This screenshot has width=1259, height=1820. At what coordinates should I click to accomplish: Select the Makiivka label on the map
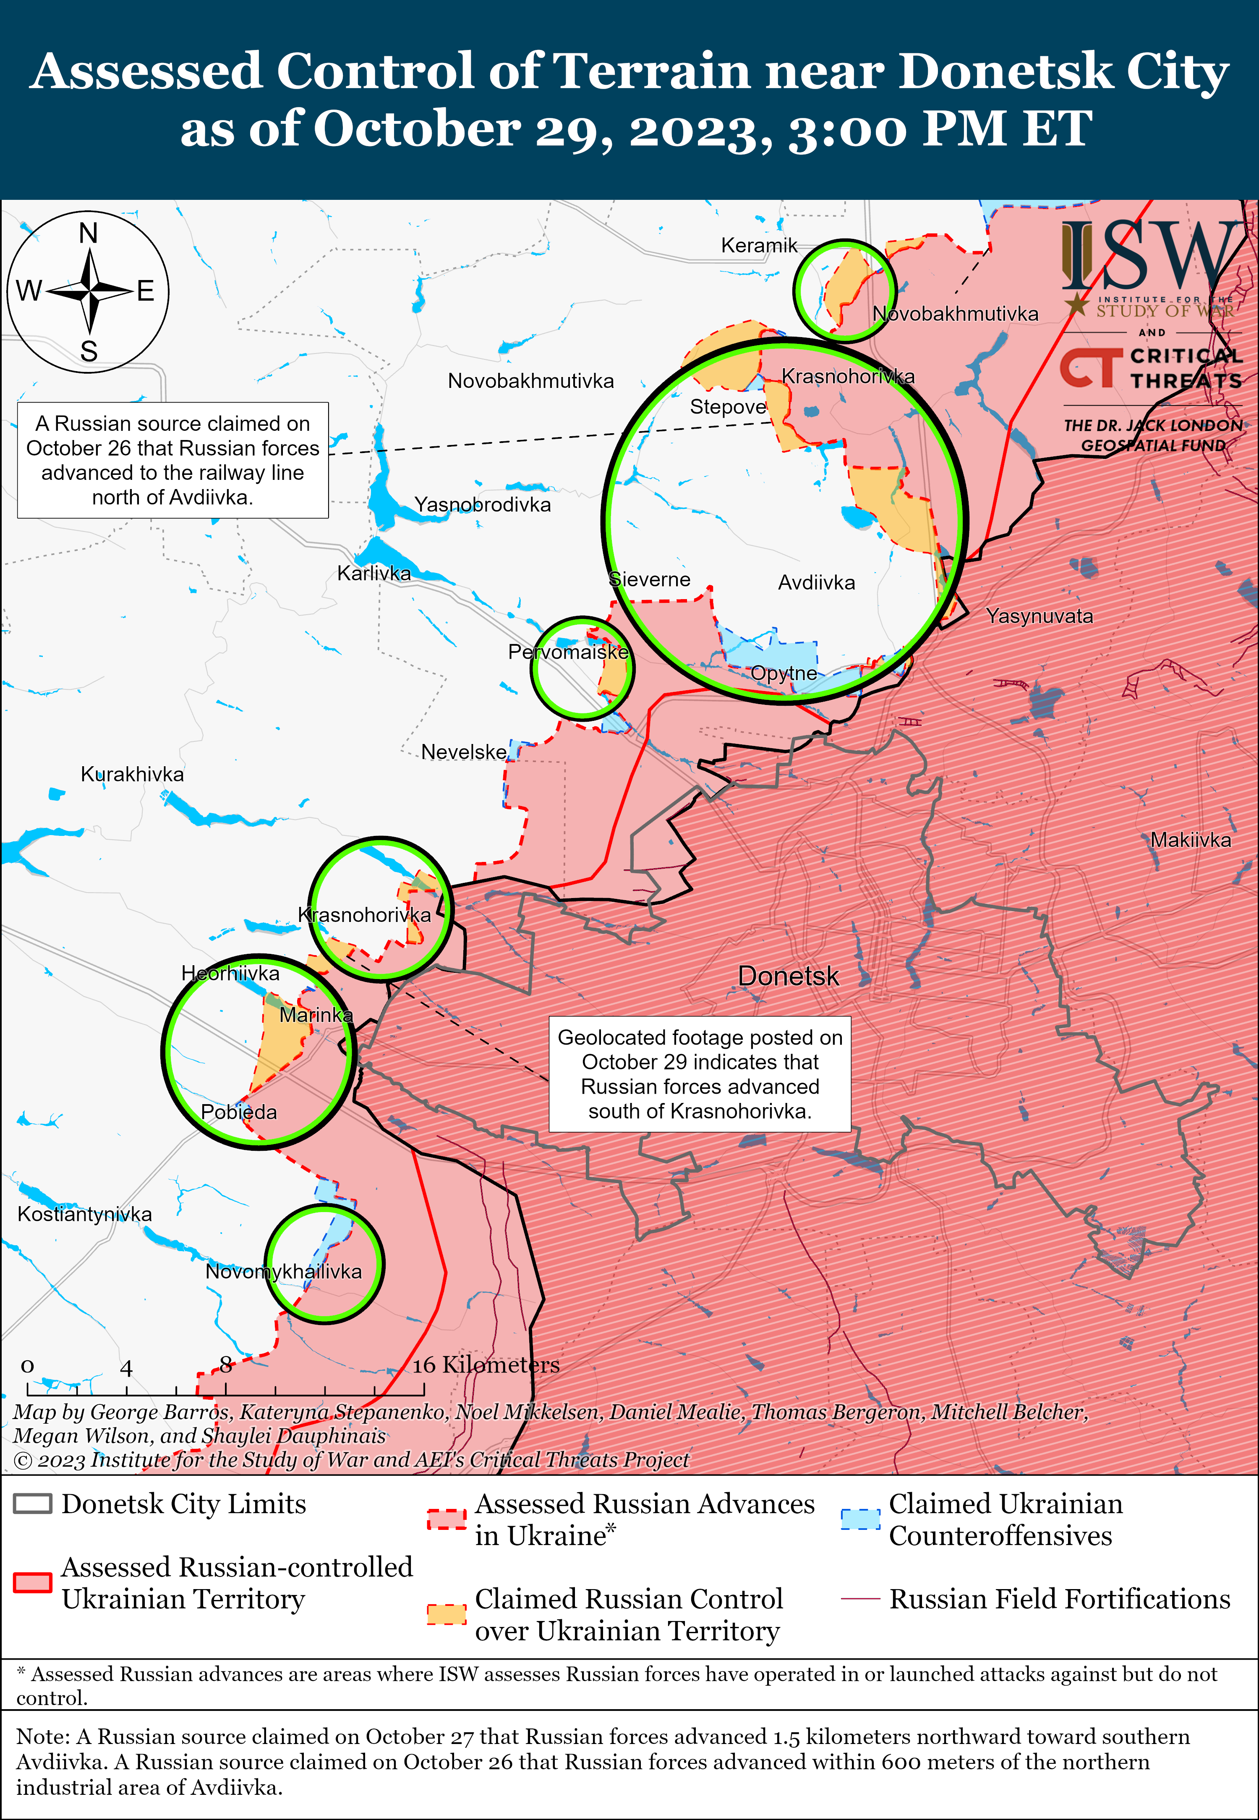1190,840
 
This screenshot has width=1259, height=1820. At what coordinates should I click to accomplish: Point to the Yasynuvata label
1039,616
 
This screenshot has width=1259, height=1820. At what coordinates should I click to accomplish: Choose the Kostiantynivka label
84,1214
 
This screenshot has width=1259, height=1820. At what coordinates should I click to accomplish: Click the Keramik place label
759,246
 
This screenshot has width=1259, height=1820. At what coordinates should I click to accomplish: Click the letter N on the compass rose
89,233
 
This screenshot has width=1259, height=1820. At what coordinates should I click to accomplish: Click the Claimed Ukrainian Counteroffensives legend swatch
860,1519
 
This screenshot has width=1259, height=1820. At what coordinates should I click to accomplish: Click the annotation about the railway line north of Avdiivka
173,460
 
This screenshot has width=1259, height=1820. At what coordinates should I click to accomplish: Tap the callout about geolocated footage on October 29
700,1074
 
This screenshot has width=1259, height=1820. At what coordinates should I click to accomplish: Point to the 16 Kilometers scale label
486,1364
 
